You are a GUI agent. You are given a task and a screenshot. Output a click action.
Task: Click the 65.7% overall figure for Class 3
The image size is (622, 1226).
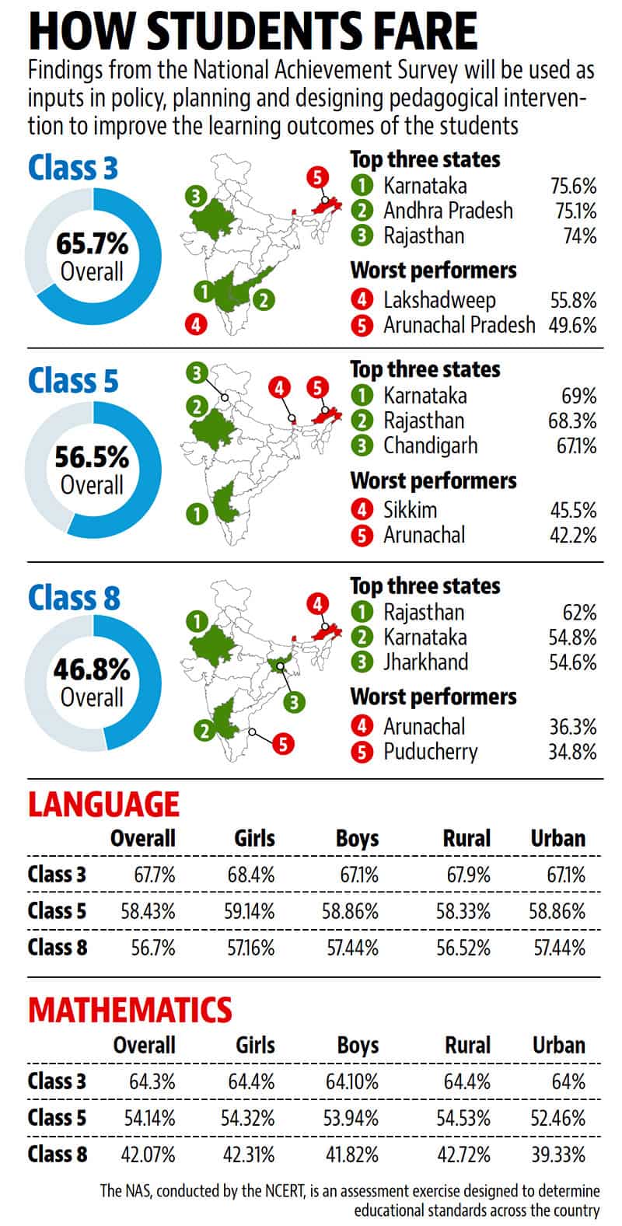(92, 243)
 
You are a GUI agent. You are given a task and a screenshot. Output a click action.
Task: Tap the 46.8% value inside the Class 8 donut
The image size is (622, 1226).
(92, 669)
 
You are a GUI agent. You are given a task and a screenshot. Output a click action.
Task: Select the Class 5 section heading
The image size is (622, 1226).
(73, 381)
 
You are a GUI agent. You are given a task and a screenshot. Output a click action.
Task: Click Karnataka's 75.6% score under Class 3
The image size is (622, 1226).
(573, 186)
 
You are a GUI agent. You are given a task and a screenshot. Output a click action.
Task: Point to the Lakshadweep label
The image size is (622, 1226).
(439, 300)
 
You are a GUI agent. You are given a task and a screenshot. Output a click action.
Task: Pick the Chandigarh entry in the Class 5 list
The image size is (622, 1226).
(431, 445)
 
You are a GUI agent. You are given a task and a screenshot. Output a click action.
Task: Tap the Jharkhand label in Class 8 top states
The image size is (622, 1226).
(425, 662)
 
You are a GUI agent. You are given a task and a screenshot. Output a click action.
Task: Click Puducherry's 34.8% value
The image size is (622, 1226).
(573, 752)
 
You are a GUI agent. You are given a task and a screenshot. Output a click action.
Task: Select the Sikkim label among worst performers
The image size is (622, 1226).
(410, 510)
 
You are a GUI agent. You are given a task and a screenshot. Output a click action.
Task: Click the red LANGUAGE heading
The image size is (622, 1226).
(104, 805)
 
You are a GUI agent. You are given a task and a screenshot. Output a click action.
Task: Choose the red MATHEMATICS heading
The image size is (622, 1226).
(131, 1010)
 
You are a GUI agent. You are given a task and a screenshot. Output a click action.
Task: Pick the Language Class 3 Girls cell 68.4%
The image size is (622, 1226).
(251, 875)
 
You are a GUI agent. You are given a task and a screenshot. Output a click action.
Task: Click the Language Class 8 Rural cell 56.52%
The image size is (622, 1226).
(463, 948)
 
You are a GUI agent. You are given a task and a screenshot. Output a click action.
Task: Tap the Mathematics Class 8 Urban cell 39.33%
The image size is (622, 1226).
(558, 1154)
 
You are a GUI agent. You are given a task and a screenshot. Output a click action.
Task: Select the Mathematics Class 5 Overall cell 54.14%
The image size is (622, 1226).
(149, 1118)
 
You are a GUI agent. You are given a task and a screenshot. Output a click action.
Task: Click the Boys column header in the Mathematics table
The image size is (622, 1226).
(358, 1046)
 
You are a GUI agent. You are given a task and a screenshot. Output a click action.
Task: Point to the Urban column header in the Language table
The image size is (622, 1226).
(558, 839)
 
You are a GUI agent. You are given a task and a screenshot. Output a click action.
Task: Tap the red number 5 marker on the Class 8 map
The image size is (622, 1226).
(283, 744)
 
